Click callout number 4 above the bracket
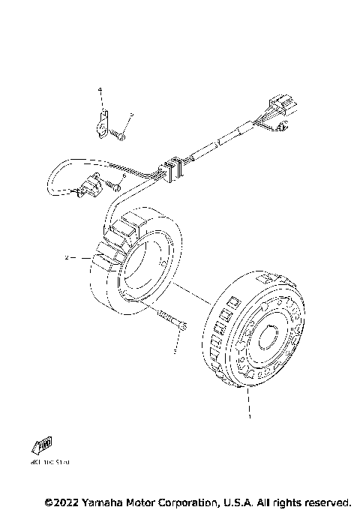point(98,90)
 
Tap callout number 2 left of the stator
point(67,258)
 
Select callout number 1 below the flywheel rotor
point(250,415)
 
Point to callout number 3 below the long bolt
point(175,350)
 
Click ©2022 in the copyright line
point(64,501)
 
